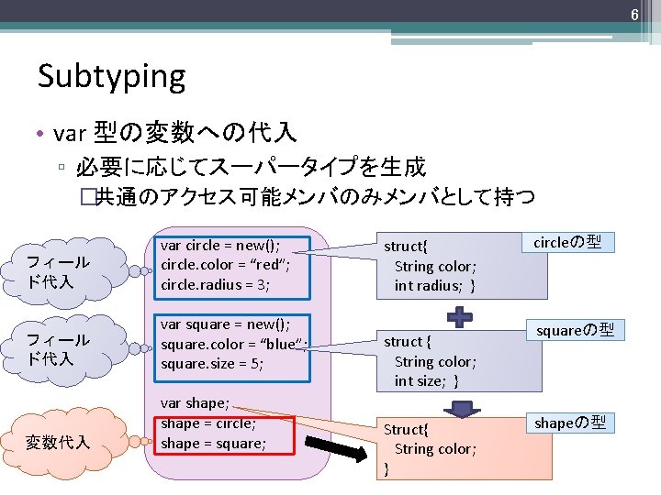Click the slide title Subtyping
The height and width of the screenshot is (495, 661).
click(x=111, y=76)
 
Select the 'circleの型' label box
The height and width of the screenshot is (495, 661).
click(x=568, y=243)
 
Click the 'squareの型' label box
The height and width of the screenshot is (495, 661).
click(x=575, y=329)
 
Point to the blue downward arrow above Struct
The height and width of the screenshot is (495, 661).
click(x=462, y=405)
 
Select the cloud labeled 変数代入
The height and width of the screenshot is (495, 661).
click(x=59, y=443)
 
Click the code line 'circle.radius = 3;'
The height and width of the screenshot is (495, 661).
click(x=215, y=284)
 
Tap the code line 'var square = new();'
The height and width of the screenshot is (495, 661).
click(x=225, y=324)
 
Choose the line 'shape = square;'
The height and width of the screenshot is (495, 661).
click(x=213, y=444)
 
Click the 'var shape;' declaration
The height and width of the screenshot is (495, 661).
click(x=195, y=402)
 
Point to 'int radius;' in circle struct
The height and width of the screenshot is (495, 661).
click(x=434, y=286)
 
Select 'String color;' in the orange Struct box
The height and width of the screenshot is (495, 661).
click(x=435, y=449)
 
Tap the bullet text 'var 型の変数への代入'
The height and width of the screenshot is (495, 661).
click(x=174, y=134)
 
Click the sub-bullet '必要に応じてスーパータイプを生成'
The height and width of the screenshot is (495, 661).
click(x=251, y=167)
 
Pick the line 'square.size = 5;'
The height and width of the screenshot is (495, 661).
click(x=211, y=364)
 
